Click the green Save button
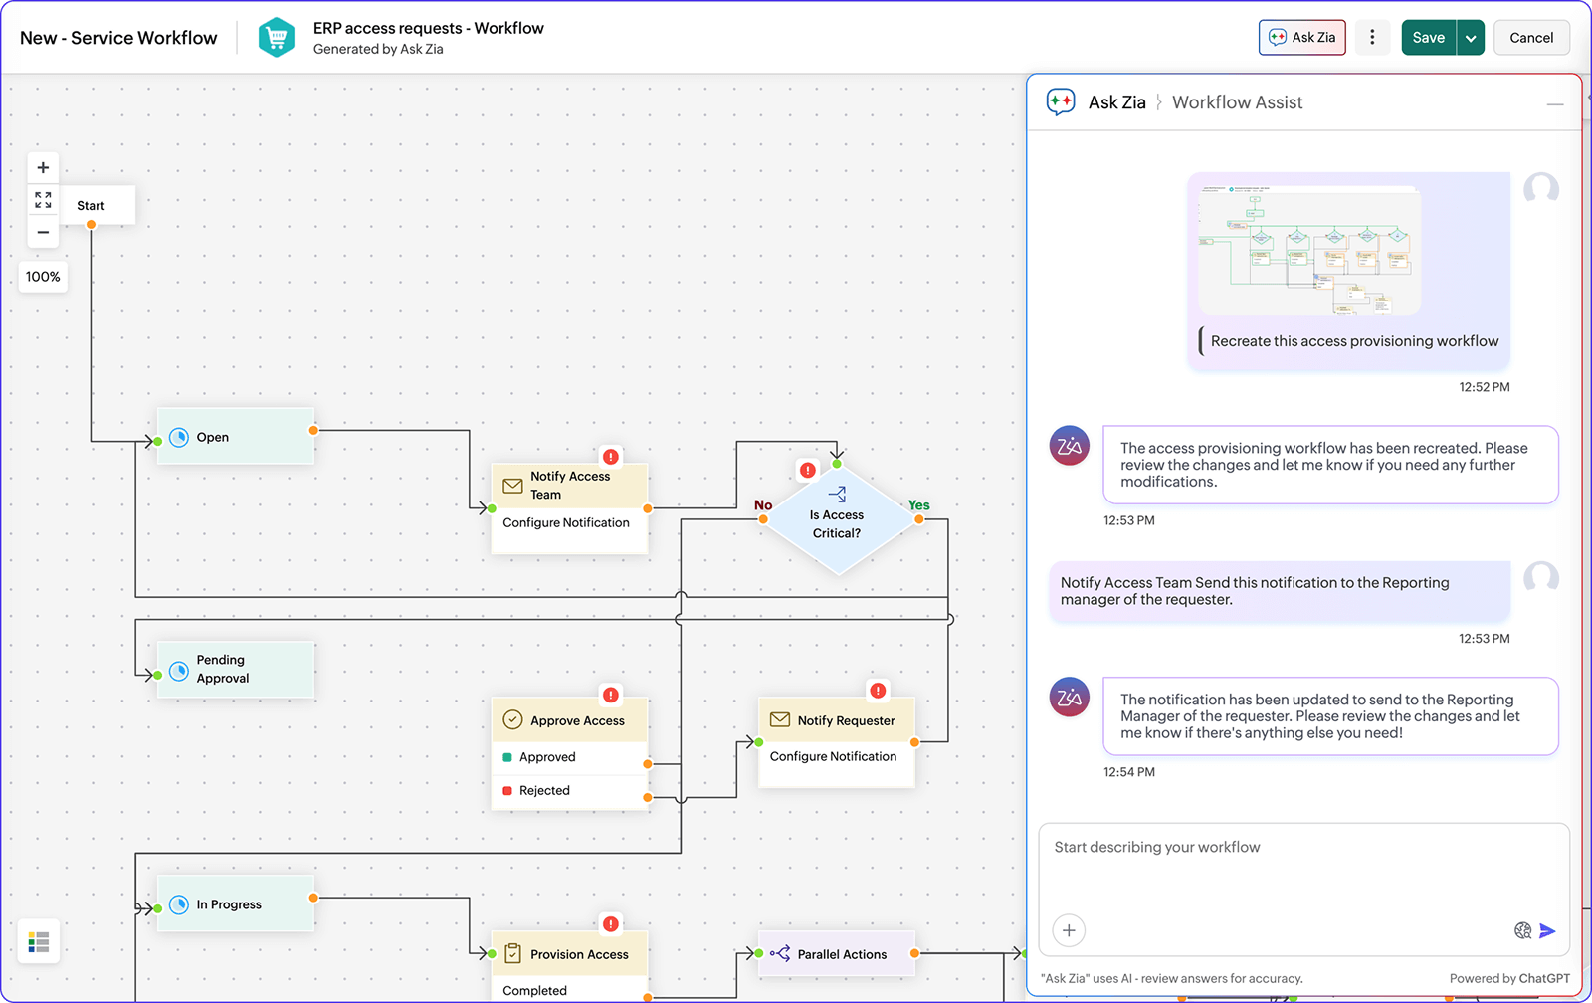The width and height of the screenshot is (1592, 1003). click(1428, 38)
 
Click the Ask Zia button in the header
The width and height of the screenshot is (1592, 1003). click(1301, 38)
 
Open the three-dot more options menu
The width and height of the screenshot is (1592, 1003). click(1372, 38)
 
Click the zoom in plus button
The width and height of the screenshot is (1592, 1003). click(43, 168)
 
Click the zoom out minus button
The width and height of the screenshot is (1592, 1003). click(43, 232)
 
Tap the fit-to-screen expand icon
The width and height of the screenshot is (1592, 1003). click(43, 200)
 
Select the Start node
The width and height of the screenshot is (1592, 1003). click(92, 206)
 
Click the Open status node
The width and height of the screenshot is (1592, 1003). click(235, 437)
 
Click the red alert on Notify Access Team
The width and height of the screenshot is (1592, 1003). click(611, 457)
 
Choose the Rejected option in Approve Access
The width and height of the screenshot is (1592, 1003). click(544, 791)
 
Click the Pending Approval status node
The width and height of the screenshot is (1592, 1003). click(235, 669)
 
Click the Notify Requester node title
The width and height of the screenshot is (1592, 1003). click(846, 720)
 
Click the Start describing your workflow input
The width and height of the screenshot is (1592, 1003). click(1303, 848)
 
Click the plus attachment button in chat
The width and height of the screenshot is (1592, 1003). click(1069, 931)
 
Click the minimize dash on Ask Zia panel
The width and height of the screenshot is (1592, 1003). click(1555, 103)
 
